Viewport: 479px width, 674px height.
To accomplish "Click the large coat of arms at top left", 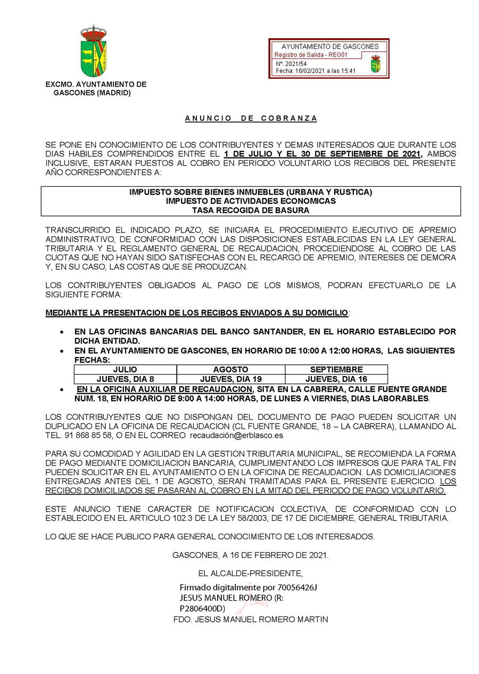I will point(94,52).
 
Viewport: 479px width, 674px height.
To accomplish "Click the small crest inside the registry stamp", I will point(376,64).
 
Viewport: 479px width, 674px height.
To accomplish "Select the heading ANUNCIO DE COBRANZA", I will point(251,118).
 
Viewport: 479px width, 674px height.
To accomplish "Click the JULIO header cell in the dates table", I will point(125,369).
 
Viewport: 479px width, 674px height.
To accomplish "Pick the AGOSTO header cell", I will point(230,369).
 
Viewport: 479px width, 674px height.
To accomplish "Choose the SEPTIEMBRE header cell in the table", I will point(336,369).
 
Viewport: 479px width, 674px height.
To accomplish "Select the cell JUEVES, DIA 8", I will point(125,379).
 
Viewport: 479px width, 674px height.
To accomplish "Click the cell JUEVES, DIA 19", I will point(230,379).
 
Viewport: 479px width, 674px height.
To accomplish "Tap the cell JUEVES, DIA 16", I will point(336,379).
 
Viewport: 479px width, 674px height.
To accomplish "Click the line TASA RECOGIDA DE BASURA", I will point(251,210).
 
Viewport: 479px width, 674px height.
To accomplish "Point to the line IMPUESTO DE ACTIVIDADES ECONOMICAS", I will point(251,201).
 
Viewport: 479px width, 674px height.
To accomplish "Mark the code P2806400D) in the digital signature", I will point(203,608).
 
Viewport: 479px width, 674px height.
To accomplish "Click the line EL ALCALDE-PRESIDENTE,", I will point(250,573).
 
